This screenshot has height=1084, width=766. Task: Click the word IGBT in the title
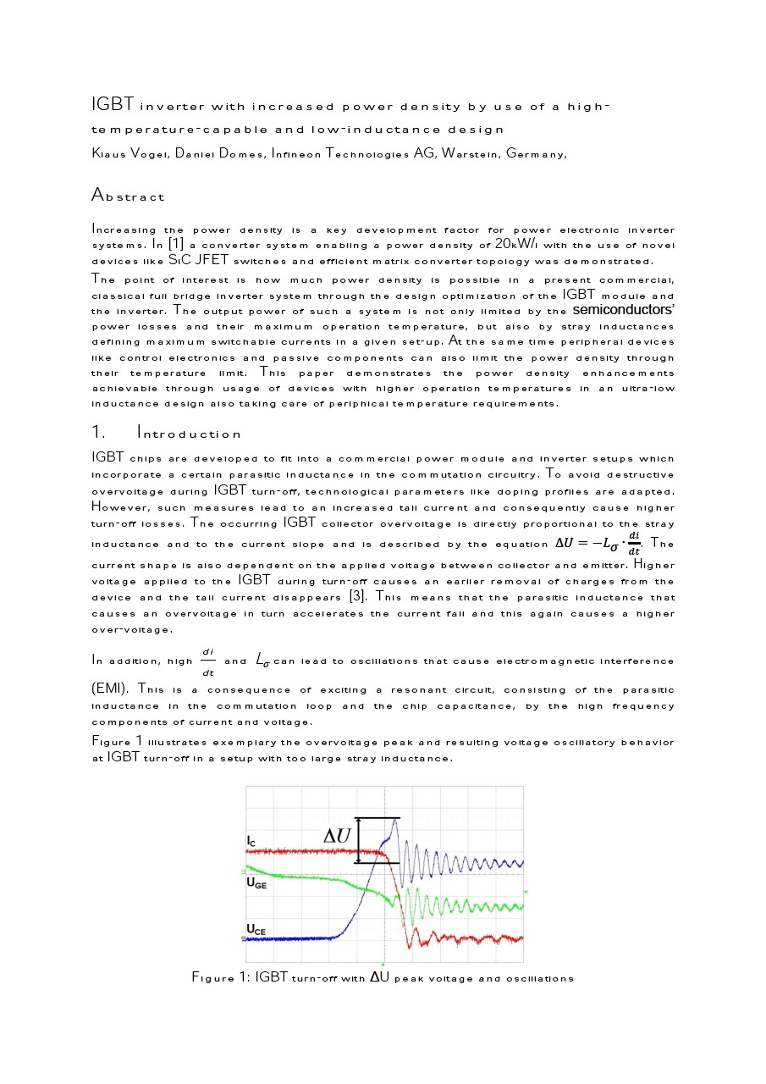click(113, 105)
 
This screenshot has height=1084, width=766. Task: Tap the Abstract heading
click(128, 196)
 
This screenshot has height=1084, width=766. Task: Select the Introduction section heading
click(190, 434)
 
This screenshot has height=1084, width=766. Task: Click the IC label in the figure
click(251, 841)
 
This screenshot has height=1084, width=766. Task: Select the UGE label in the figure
click(256, 882)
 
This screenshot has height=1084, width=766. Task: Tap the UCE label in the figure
click(256, 931)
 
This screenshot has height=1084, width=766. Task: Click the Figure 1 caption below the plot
click(383, 978)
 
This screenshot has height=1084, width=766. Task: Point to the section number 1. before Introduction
click(97, 434)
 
